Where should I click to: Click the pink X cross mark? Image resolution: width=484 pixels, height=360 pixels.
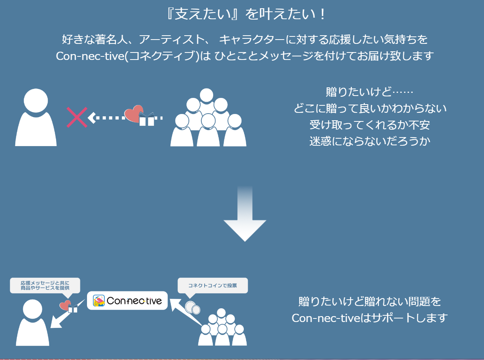(77, 117)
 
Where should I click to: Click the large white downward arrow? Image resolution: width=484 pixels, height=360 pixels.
(245, 219)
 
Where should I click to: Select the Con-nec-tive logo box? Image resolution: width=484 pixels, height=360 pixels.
(127, 300)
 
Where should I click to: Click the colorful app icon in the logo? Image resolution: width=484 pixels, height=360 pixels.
(99, 300)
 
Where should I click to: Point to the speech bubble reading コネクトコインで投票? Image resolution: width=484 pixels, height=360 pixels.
(212, 286)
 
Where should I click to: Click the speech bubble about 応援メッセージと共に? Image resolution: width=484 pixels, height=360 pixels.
(45, 285)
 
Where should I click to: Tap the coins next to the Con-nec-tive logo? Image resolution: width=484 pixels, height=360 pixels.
(192, 308)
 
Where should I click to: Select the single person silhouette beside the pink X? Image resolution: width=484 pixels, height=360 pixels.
(36, 118)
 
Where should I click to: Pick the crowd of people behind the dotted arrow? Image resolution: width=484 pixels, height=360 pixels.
(208, 119)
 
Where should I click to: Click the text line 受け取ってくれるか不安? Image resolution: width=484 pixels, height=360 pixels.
(370, 125)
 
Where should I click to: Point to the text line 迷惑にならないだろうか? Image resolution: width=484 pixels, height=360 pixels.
(370, 141)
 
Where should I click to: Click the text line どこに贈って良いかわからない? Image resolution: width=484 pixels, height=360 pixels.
(370, 108)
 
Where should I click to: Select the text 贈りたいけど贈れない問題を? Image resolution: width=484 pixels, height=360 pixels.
(370, 302)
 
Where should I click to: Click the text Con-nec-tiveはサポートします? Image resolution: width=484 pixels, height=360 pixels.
(370, 318)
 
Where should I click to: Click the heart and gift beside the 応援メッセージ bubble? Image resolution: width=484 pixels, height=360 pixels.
(68, 306)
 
